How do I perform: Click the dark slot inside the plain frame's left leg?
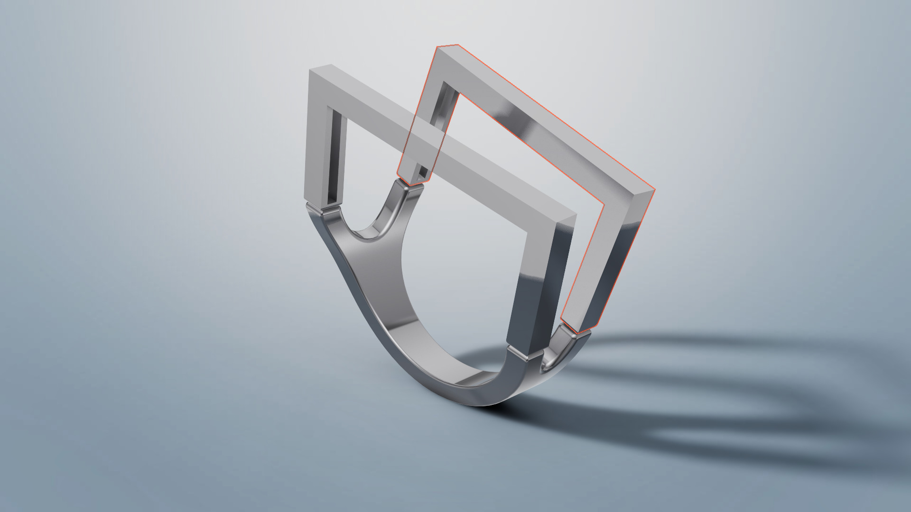(335, 156)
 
